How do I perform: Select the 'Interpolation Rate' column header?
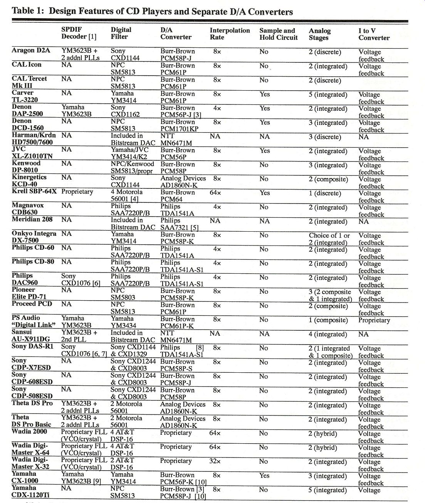point(230,34)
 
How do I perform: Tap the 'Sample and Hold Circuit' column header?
point(279,34)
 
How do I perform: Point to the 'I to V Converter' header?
point(374,34)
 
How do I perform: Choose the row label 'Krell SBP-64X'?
point(34,192)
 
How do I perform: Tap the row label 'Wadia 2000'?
point(29,431)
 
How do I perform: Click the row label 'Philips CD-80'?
point(33,262)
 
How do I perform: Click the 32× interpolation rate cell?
point(215,461)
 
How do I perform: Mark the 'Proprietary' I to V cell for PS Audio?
point(374,320)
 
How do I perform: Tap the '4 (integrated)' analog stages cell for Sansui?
point(328,334)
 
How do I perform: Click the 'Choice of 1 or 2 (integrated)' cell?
point(329,239)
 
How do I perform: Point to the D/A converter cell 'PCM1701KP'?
point(179,129)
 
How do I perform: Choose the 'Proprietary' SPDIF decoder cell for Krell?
point(77,192)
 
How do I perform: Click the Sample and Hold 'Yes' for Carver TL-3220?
point(265,94)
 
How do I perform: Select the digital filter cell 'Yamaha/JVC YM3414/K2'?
point(129,154)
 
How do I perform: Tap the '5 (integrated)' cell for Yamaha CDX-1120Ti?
point(328,490)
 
